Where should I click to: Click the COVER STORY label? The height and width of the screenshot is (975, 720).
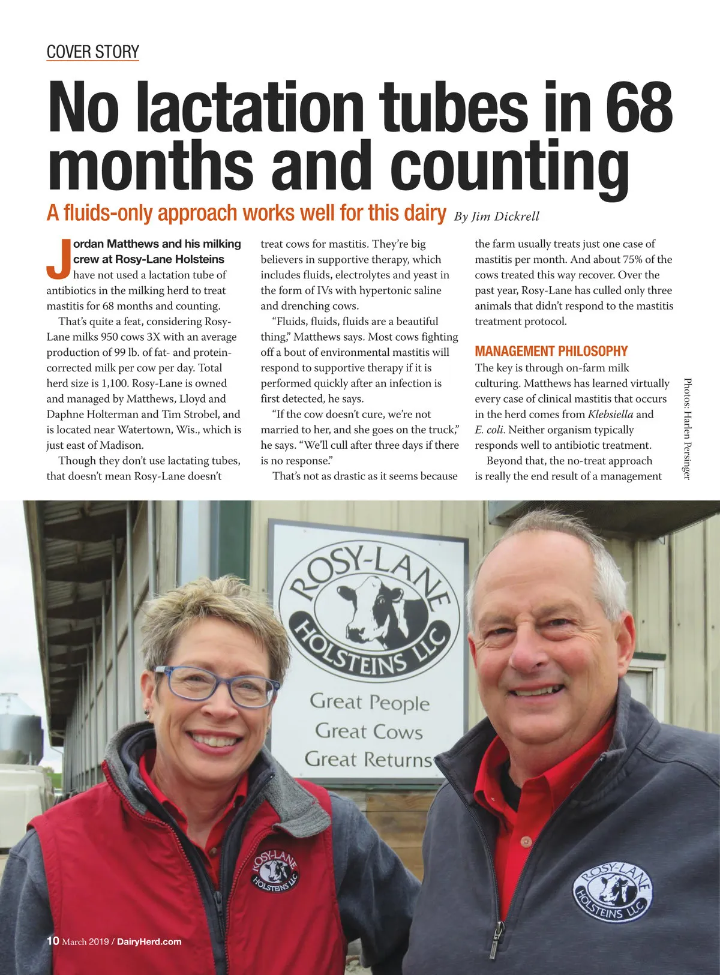tap(92, 52)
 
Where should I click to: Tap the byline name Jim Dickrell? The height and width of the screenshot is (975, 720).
tap(505, 217)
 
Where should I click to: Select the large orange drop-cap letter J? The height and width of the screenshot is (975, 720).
tap(58, 259)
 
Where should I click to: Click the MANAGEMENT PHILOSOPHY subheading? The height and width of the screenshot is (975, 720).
tap(551, 351)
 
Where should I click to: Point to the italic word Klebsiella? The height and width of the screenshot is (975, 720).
tap(610, 414)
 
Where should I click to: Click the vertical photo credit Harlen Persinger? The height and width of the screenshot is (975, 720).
tap(687, 429)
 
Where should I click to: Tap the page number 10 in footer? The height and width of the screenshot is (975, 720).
tap(53, 941)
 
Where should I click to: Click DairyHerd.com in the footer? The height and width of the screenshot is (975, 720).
tap(149, 941)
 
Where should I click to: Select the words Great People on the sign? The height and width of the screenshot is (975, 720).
tap(370, 702)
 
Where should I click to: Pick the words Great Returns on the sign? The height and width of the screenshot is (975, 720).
tap(368, 759)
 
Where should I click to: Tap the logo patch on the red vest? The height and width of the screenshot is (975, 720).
tap(274, 870)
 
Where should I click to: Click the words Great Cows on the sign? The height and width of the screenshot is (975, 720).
tap(368, 731)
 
